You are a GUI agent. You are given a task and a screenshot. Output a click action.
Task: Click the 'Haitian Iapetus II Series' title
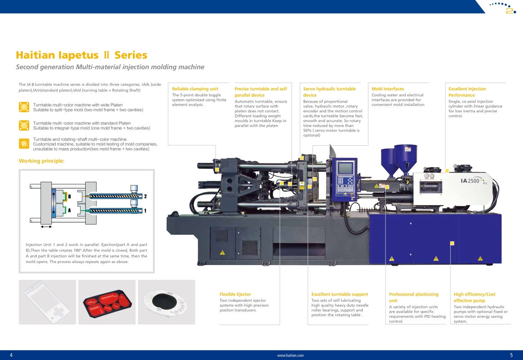coord(81,55)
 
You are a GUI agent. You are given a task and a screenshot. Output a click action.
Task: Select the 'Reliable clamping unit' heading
coord(195,89)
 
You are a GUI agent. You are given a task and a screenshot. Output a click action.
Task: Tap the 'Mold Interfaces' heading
coord(388,89)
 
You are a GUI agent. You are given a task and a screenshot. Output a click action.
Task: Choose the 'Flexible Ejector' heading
coord(235,294)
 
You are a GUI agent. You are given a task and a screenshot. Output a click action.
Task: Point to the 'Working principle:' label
coord(42,161)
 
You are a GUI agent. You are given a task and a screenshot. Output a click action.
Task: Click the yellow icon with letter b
coord(24,107)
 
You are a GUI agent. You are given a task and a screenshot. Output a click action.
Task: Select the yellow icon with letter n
coord(24,125)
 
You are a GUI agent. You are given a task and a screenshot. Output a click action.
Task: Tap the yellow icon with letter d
coord(24,143)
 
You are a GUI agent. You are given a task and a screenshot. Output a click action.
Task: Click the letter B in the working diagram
coord(69,197)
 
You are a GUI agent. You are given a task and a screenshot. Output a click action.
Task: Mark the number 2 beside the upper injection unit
coord(146,196)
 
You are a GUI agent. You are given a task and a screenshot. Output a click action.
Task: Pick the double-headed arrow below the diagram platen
coord(46,227)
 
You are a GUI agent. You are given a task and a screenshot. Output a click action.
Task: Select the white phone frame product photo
coord(47,302)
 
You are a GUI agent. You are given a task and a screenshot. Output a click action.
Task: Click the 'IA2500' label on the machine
coord(470,181)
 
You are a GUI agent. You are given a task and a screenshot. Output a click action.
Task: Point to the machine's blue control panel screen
coord(346,168)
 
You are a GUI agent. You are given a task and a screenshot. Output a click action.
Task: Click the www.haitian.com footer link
coord(291,355)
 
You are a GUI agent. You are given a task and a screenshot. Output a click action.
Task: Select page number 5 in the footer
coord(511,355)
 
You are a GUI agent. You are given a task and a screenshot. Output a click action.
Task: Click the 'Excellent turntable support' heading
coord(340,294)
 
